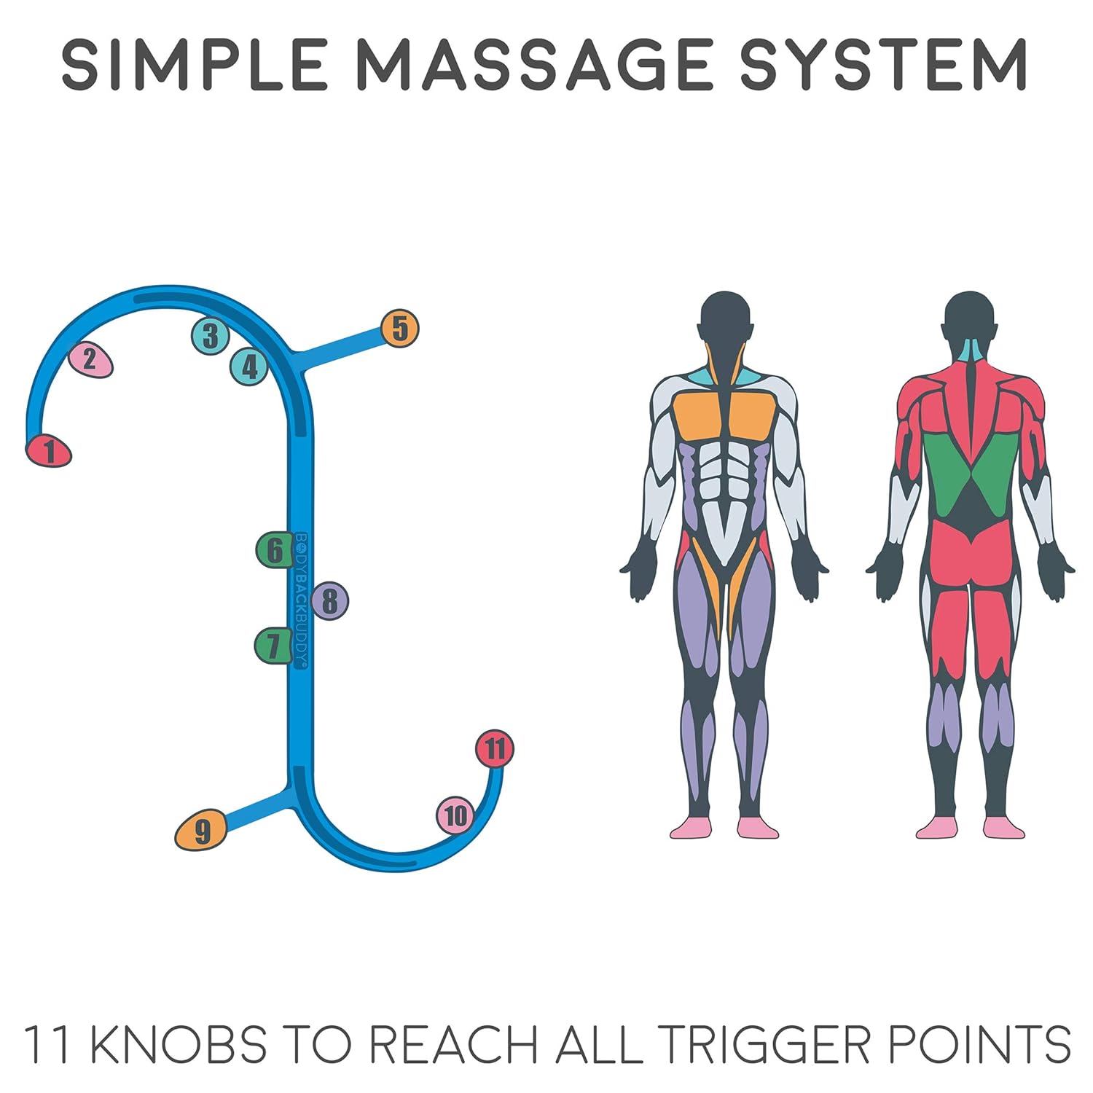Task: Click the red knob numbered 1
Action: click(x=49, y=451)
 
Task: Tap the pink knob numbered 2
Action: click(x=90, y=359)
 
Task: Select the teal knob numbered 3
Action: click(x=211, y=336)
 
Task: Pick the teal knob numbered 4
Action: click(x=250, y=367)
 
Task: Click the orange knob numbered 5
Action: click(x=400, y=329)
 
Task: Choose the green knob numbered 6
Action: click(x=274, y=550)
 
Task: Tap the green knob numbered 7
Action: click(x=273, y=646)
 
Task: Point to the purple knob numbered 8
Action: click(x=330, y=602)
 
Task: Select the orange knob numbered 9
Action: click(x=201, y=831)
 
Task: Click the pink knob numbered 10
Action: click(x=455, y=815)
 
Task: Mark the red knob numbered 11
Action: click(x=495, y=748)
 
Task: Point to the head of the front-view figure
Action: click(x=724, y=321)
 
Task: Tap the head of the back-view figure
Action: click(x=970, y=321)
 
